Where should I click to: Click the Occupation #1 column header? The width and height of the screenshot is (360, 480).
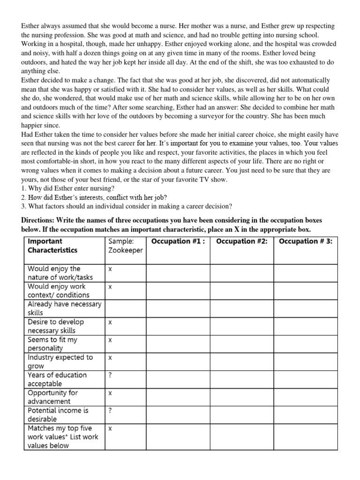click(178, 241)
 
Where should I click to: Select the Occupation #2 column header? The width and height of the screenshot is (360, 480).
click(241, 241)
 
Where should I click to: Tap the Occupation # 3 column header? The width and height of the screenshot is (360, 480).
click(305, 241)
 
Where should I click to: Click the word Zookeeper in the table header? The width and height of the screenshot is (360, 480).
click(125, 250)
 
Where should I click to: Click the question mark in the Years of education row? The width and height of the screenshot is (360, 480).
click(110, 375)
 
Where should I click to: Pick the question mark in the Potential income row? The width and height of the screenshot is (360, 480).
click(110, 410)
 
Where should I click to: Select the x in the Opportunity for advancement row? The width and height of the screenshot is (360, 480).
click(110, 393)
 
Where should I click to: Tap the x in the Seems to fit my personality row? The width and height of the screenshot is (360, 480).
click(110, 339)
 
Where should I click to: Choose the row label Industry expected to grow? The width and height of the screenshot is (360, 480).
click(60, 361)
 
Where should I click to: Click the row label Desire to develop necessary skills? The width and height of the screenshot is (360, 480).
click(56, 326)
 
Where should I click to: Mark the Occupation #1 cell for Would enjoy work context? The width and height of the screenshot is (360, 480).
click(178, 291)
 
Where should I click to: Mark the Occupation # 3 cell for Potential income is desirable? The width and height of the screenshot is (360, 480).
click(305, 414)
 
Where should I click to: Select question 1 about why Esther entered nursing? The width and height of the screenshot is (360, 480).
click(68, 188)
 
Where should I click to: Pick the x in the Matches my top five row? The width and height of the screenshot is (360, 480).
click(110, 428)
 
